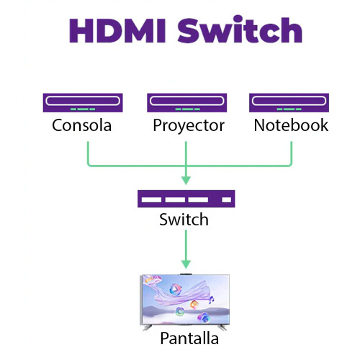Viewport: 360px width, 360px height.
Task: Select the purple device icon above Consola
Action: click(81, 103)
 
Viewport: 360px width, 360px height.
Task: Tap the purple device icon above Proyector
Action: click(187, 103)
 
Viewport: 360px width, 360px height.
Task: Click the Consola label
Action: click(81, 125)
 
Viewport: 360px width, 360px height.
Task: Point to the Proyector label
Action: click(189, 125)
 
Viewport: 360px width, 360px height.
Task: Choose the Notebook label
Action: click(291, 125)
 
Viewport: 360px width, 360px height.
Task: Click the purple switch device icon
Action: click(186, 199)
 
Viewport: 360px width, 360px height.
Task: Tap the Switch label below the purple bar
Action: click(184, 220)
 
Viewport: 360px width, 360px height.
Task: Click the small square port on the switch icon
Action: click(226, 199)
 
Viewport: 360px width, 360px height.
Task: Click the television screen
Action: click(186, 300)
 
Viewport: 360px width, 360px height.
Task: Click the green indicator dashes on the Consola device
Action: click(81, 109)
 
